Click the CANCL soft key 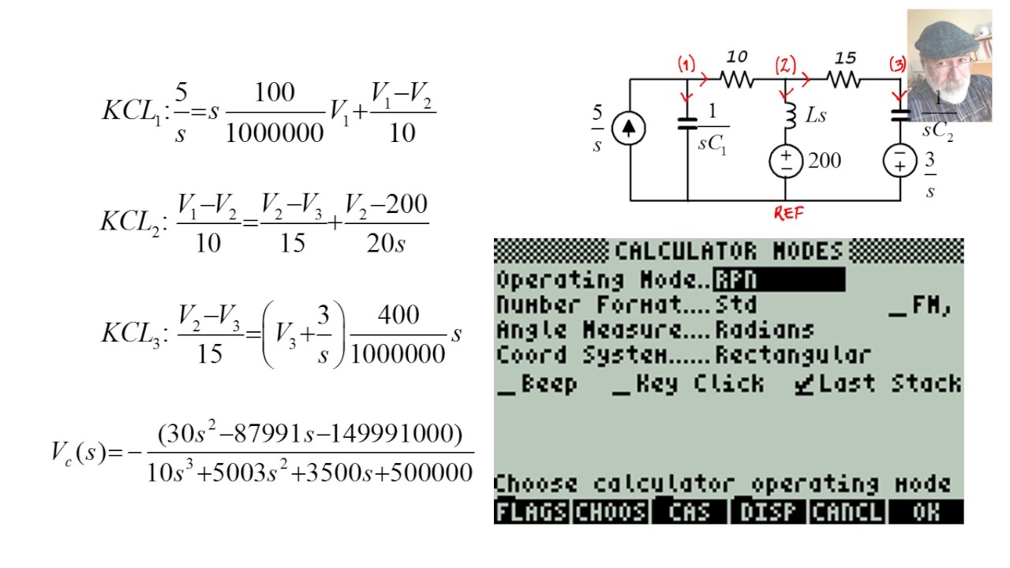pos(847,512)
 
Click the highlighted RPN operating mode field pos(779,280)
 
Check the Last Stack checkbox pos(803,385)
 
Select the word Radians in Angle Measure pos(764,330)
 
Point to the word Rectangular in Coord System pos(793,355)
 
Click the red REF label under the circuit pos(788,213)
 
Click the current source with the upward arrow pos(629,129)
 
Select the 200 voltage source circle pos(786,161)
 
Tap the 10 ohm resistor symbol pos(737,79)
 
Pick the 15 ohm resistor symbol pos(844,79)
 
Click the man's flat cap pos(945,34)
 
